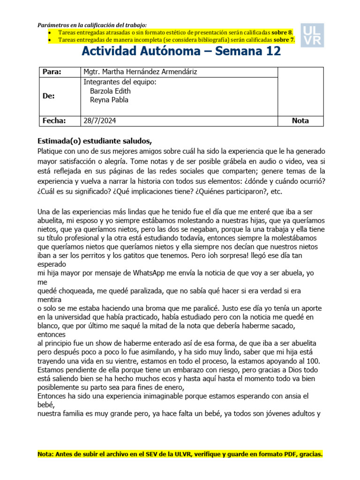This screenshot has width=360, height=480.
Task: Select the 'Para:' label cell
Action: tap(52, 72)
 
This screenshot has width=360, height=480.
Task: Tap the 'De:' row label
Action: tap(49, 96)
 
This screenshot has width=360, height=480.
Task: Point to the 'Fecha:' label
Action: tap(54, 120)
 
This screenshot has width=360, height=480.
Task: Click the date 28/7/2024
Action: tap(100, 120)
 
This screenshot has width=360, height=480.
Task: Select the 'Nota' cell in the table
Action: tap(300, 120)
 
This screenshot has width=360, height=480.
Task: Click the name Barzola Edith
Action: tap(110, 91)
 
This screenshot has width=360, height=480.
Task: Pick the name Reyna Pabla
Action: tap(109, 99)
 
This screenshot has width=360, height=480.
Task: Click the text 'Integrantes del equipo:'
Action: tap(119, 82)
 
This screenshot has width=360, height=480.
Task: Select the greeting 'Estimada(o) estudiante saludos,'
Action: tap(95, 141)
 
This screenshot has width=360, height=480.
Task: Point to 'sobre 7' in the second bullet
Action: tap(284, 40)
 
